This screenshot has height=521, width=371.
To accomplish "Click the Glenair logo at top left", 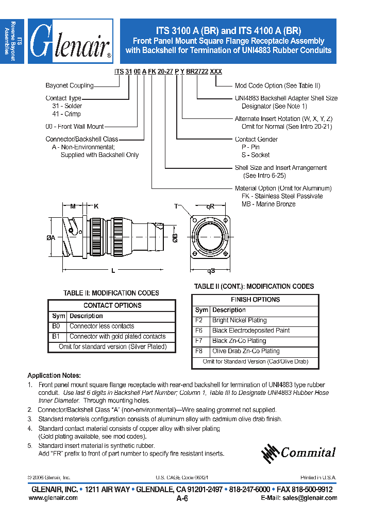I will pyautogui.click(x=70, y=41).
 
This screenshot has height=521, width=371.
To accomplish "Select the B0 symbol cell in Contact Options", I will pyautogui.click(x=57, y=326).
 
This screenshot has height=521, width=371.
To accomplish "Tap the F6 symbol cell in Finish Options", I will pyautogui.click(x=199, y=331).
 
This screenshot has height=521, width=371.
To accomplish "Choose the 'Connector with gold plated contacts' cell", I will pyautogui.click(x=117, y=337).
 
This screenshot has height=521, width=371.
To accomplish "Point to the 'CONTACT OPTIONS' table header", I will pyautogui.click(x=112, y=305).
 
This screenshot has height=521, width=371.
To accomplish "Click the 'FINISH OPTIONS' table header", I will pyautogui.click(x=255, y=300).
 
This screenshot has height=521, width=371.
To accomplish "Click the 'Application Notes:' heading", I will pyautogui.click(x=54, y=376).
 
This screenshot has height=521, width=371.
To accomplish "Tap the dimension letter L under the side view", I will pyautogui.click(x=112, y=271).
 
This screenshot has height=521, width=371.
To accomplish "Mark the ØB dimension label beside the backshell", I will pyautogui.click(x=175, y=237).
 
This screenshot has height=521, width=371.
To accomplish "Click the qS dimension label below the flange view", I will pyautogui.click(x=211, y=271).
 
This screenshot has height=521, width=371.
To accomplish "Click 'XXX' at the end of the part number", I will pyautogui.click(x=216, y=72).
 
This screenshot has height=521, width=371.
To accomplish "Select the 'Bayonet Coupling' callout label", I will pyautogui.click(x=70, y=85).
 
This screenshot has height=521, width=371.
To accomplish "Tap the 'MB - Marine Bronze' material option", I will pyautogui.click(x=268, y=204).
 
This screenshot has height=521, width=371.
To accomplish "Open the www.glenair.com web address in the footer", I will pyautogui.click(x=55, y=498).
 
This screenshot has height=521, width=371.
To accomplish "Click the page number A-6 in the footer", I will pyautogui.click(x=182, y=499).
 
